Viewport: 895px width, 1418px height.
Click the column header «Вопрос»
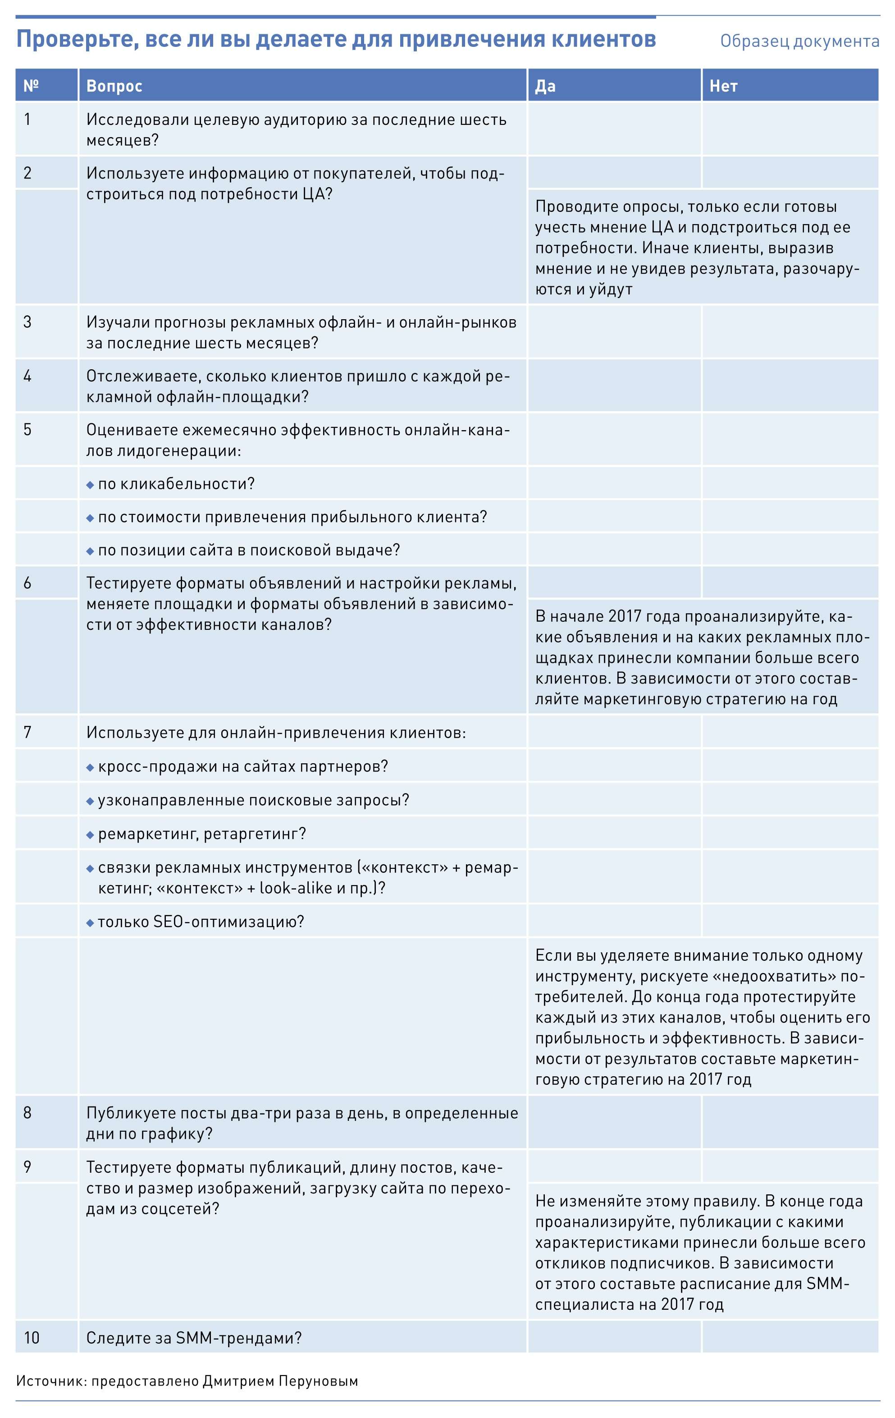tap(114, 86)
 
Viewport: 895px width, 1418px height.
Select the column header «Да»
tap(545, 86)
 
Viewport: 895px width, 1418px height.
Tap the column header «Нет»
tap(723, 86)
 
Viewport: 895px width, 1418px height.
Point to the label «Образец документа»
tap(799, 41)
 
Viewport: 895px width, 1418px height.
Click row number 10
tap(32, 1338)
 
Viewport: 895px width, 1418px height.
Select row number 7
tap(27, 733)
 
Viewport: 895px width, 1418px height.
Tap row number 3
tap(27, 322)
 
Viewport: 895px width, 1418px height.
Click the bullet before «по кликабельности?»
tap(90, 485)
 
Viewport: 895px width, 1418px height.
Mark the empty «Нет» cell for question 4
tap(790, 385)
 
